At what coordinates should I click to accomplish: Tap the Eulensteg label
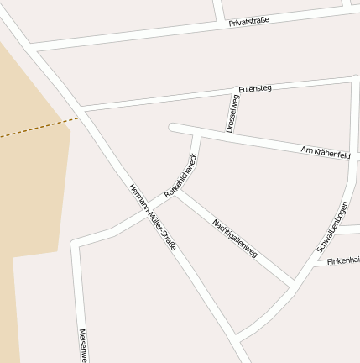(255, 88)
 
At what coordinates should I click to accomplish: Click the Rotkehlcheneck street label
(181, 176)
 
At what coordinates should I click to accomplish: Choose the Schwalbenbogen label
(332, 227)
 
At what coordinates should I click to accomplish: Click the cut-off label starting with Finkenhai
(343, 261)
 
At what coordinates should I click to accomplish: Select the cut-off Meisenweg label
(82, 345)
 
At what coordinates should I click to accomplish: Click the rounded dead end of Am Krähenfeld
(174, 128)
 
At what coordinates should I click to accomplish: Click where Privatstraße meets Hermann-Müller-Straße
(34, 47)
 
